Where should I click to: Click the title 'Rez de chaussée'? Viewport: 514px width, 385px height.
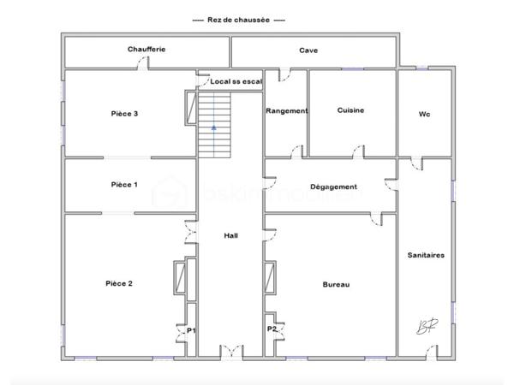[x=238, y=19]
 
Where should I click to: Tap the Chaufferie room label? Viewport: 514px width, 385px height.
[x=146, y=50]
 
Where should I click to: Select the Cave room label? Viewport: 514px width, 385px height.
[x=308, y=50]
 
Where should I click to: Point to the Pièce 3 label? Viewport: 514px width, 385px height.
[x=125, y=114]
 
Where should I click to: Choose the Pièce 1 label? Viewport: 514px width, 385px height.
[x=124, y=185]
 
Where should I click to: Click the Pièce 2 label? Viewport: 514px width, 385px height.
[x=118, y=283]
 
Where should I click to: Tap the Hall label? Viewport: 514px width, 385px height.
[x=231, y=236]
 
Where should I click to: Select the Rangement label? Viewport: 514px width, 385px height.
[x=286, y=110]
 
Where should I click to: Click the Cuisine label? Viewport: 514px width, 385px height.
[x=351, y=110]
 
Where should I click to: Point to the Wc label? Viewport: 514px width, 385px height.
[x=424, y=114]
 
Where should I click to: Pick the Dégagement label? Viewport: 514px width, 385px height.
[x=333, y=187]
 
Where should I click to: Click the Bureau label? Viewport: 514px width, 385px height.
[x=336, y=285]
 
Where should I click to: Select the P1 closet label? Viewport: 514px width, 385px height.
[x=191, y=330]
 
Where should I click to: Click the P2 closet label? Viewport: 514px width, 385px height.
[x=272, y=328]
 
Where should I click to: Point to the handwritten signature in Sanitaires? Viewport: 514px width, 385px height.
[x=424, y=326]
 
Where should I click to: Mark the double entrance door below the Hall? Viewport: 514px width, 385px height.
[x=231, y=352]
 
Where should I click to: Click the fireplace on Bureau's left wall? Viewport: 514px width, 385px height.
[x=271, y=278]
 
